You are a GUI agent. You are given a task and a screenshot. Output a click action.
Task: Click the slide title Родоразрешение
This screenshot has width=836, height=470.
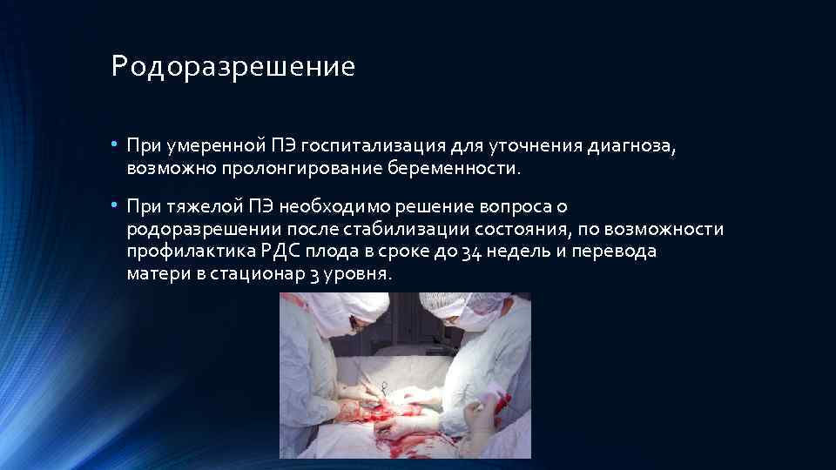pyautogui.click(x=233, y=67)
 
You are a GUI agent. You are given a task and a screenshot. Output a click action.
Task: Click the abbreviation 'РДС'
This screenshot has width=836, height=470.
pyautogui.click(x=280, y=251)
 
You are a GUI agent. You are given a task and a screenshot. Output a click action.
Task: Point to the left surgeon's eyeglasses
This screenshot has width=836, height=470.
pyautogui.click(x=354, y=323)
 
